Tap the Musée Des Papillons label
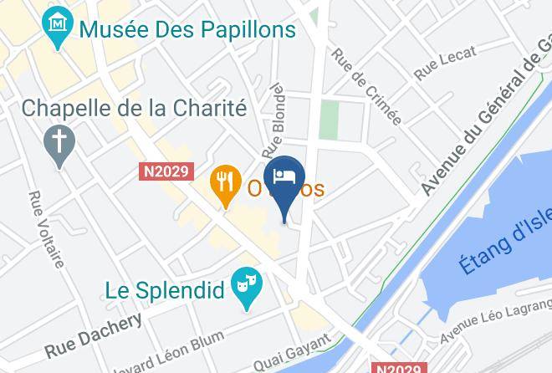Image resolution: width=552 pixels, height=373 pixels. [x=188, y=30]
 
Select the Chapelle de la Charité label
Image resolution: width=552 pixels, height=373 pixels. [x=134, y=108]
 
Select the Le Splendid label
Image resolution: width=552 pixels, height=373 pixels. [x=166, y=291]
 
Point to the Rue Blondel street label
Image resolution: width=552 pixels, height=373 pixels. [x=273, y=120]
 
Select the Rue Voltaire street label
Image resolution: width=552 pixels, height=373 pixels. [x=47, y=229]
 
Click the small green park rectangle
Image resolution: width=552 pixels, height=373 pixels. [x=330, y=120]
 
